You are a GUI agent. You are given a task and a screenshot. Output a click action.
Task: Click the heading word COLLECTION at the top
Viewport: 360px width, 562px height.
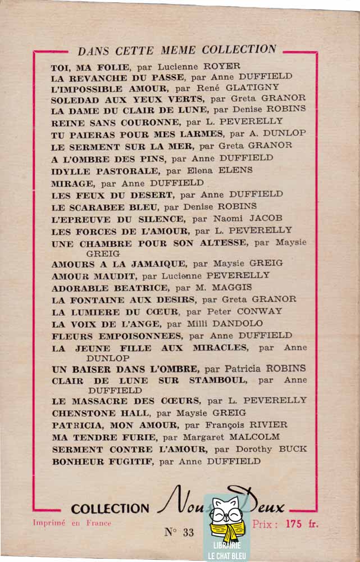coord(240,49)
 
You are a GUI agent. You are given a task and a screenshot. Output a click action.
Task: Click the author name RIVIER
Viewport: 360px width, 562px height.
coord(267,425)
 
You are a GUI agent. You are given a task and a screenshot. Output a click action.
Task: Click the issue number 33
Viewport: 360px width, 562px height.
coord(188,532)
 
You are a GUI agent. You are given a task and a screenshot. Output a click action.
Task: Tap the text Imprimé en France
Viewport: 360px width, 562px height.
coord(72,523)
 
